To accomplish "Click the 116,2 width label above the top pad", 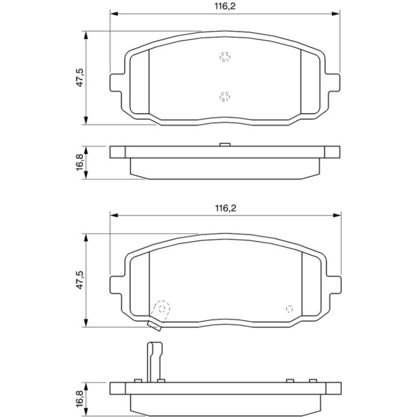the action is click(225, 6).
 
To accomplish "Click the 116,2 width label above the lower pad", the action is click(225, 208).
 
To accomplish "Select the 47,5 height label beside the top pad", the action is click(80, 77).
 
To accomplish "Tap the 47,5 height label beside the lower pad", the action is click(80, 280).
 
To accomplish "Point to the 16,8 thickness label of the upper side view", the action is click(80, 162).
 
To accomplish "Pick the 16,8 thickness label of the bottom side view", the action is click(80, 399).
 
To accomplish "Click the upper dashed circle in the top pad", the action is click(225, 57).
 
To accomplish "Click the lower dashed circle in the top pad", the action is click(225, 96).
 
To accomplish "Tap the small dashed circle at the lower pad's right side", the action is click(289, 309).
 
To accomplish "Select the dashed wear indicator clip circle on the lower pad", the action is click(162, 309).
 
